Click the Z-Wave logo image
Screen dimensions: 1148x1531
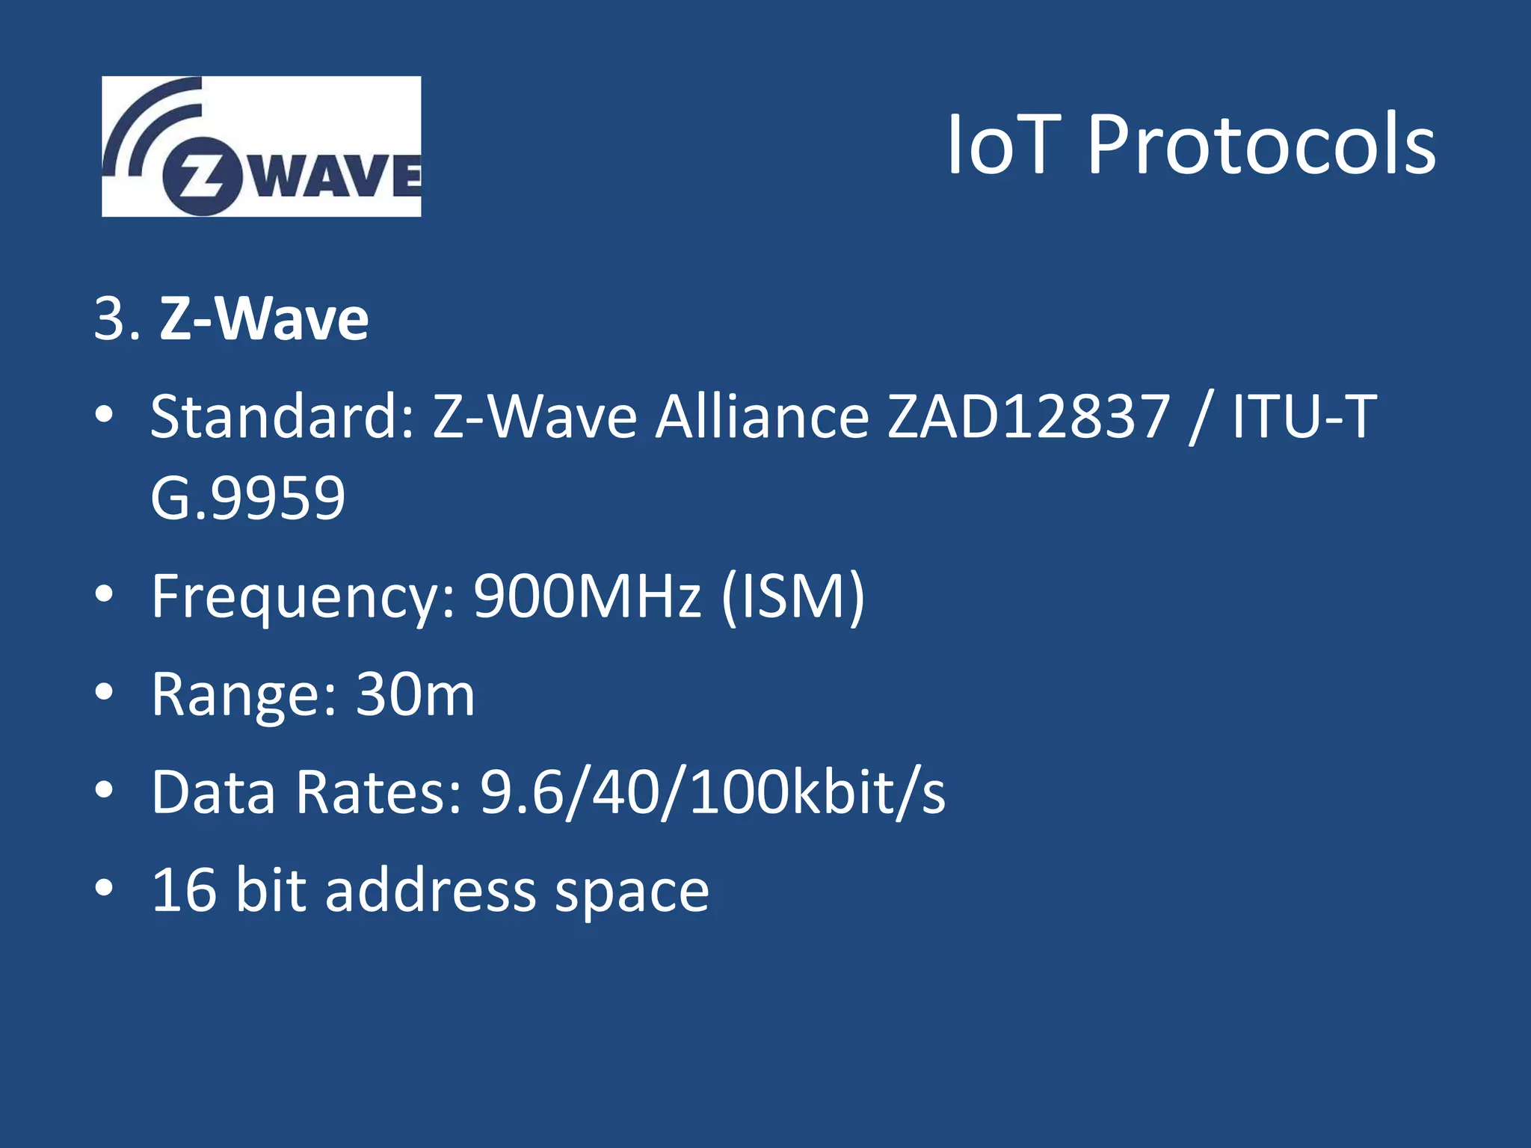click(261, 146)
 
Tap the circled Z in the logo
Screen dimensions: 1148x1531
click(203, 177)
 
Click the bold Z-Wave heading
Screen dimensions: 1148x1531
click(264, 319)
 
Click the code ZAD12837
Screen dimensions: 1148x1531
click(1028, 416)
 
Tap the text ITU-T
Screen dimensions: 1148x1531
click(1304, 416)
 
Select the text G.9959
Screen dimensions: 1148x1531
click(247, 499)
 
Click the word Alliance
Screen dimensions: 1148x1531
click(762, 416)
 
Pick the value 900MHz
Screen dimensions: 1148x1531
click(588, 596)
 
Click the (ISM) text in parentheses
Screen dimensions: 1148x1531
click(793, 596)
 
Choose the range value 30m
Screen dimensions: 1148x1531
click(415, 694)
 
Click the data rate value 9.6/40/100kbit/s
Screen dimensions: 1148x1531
click(712, 792)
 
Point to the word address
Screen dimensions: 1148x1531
click(431, 890)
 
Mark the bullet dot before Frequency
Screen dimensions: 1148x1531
click(105, 595)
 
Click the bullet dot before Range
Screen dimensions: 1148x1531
click(105, 693)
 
